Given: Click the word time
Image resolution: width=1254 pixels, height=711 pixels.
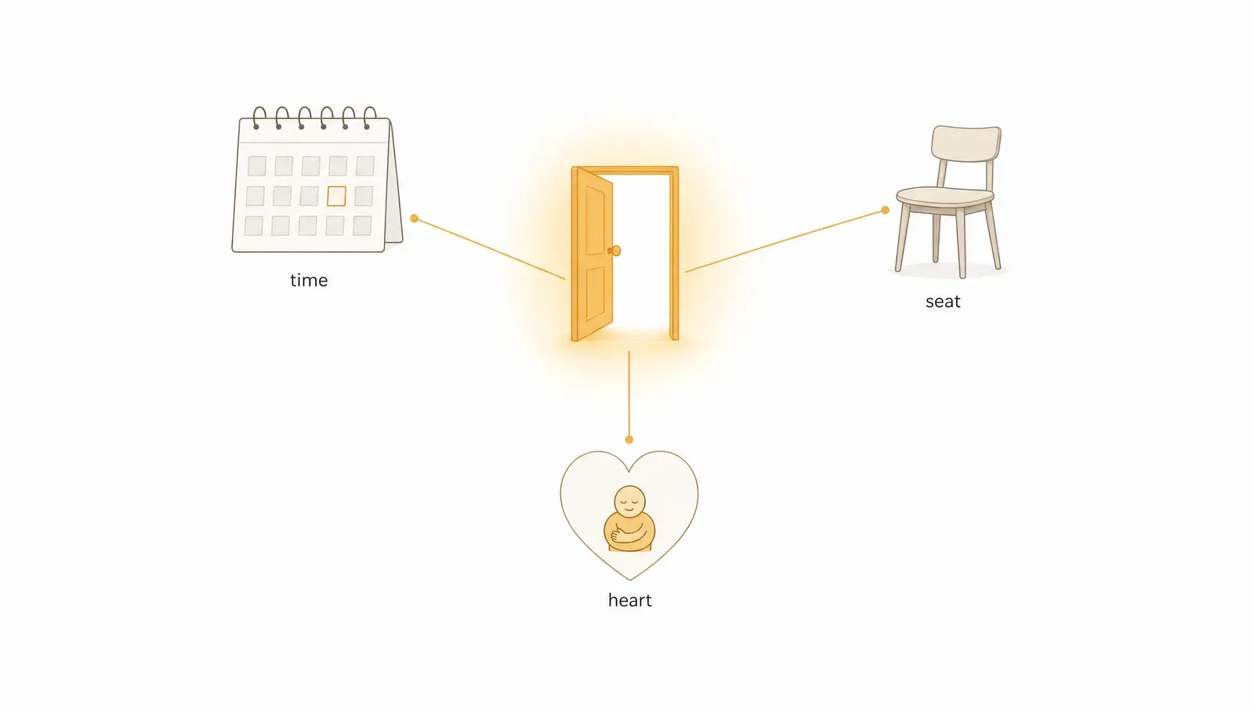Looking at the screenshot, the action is tap(309, 280).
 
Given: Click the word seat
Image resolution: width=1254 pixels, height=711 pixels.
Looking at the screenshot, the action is tap(943, 302).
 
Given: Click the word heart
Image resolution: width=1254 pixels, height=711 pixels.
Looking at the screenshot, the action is tap(630, 600).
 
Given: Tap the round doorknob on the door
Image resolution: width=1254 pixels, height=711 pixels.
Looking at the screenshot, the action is tap(615, 251).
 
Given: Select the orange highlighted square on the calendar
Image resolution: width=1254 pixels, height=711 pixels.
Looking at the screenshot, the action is tap(336, 196).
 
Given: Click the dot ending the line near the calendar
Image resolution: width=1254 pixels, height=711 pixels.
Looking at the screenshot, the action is tap(415, 219).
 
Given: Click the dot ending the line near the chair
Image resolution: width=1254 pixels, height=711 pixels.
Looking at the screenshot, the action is tap(885, 210).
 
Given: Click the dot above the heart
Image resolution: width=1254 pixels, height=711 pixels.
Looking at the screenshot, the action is tap(629, 440).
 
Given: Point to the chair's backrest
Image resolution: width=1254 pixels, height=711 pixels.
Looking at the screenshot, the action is tap(966, 144).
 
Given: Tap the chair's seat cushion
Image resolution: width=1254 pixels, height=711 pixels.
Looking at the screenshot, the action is tap(945, 196).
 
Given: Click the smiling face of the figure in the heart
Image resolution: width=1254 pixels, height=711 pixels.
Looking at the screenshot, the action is tap(630, 501).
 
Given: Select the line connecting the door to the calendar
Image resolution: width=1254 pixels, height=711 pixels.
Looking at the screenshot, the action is tap(490, 248).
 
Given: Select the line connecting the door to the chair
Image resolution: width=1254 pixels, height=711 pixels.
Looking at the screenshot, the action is tap(785, 241).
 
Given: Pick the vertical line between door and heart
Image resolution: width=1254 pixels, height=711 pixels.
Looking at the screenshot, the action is tap(629, 395).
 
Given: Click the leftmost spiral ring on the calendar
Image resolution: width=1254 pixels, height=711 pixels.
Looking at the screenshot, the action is tap(259, 118).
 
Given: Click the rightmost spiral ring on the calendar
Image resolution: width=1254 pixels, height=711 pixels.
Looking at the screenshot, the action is tap(369, 118).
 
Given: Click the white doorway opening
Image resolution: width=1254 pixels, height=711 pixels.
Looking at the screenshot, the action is tap(642, 252).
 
